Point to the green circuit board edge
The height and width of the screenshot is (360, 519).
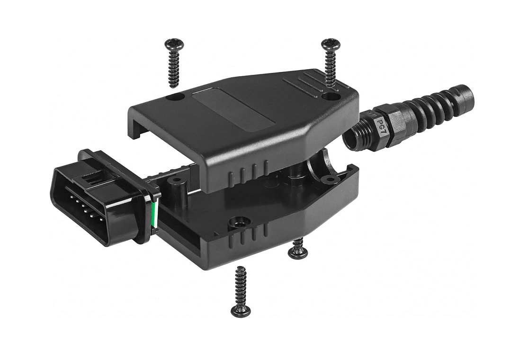153,214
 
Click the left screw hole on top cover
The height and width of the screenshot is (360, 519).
177,98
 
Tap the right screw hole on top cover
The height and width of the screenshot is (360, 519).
331,97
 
